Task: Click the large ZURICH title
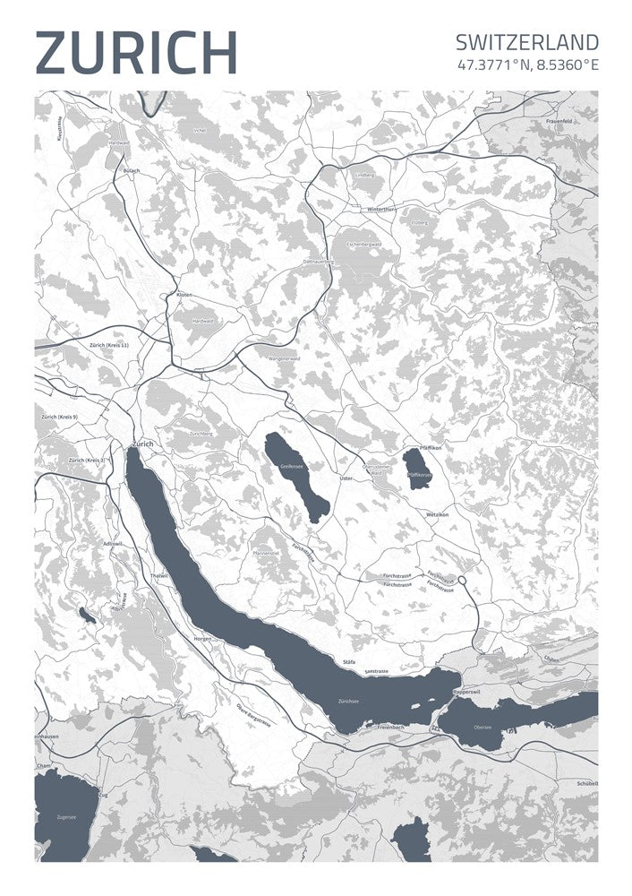click(136, 52)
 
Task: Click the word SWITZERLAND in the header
click(526, 42)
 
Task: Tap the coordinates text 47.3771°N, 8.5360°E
click(527, 65)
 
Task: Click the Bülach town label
click(132, 170)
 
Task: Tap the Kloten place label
click(184, 294)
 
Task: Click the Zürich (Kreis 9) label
click(60, 417)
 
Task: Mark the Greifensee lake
click(297, 475)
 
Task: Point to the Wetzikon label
click(437, 515)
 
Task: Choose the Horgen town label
click(202, 638)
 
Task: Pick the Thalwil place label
click(159, 575)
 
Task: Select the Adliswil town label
click(113, 544)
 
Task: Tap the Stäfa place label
click(349, 662)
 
